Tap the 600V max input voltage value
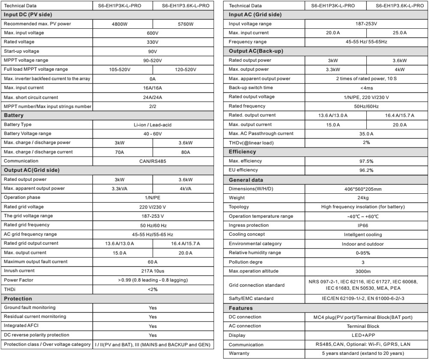pos(152,33)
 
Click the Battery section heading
pos(13,115)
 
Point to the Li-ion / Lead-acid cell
pos(152,124)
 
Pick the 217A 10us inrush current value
pos(152,271)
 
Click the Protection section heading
pos(18,298)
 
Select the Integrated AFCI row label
pos(21,326)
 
